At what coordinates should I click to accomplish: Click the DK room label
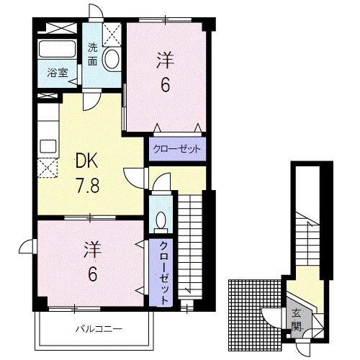coord(86,161)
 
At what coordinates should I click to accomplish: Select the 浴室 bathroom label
coord(58,73)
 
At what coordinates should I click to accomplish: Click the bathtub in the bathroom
coord(58,49)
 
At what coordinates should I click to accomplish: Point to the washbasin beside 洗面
coord(111,58)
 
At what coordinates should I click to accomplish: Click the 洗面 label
coord(92,55)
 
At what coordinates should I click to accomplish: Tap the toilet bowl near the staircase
coord(161,222)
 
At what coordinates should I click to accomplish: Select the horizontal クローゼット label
coord(177,149)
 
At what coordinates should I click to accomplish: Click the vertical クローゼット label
coord(163,273)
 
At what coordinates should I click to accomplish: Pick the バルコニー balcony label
coord(99,329)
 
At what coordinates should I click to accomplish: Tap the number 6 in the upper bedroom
coord(166,85)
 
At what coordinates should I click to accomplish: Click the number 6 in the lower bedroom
coord(93,274)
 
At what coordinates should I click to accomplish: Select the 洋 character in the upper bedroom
coord(166,60)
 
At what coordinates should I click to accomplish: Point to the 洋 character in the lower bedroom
coord(93,250)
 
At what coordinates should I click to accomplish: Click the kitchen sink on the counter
coord(48,146)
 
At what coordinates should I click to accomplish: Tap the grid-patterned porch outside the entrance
coord(255,315)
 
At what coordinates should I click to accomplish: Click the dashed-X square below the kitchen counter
coord(48,168)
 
